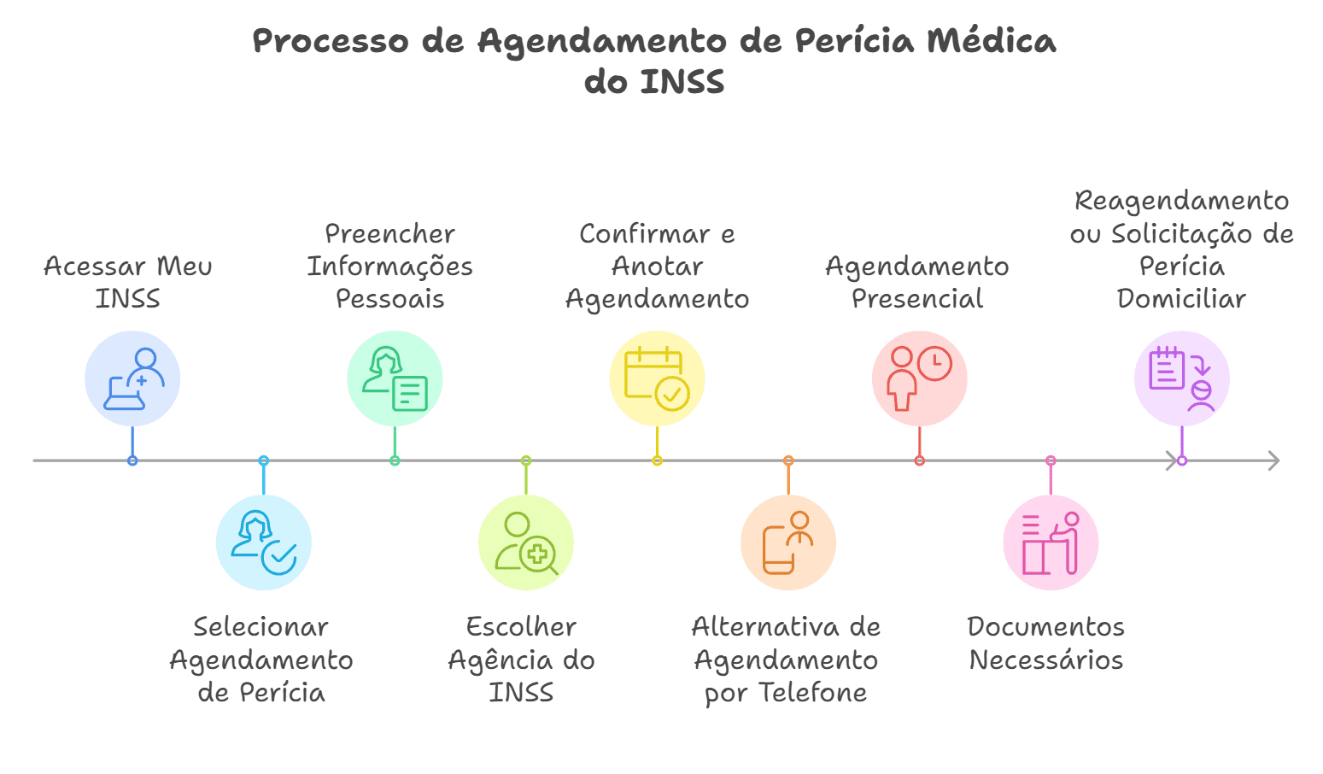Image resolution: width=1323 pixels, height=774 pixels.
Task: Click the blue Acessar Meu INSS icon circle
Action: click(132, 378)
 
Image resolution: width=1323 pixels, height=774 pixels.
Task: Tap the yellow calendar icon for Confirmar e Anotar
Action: click(657, 378)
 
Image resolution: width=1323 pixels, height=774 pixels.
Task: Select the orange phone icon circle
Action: click(787, 542)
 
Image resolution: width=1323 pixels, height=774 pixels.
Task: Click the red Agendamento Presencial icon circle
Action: click(919, 378)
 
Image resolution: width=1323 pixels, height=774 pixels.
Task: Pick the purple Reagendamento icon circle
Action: click(1181, 378)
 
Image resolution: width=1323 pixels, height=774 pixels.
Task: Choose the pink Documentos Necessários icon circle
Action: click(1051, 542)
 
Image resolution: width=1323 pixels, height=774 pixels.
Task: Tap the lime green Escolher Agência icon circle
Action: click(525, 542)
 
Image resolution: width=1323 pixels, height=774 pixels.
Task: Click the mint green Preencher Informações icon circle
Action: click(395, 378)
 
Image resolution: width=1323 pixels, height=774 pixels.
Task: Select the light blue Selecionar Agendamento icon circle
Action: click(263, 542)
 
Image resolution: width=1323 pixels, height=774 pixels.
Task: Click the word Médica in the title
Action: click(991, 41)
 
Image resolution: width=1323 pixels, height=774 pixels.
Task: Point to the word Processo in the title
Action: click(331, 41)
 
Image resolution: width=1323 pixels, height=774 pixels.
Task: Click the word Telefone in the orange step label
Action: click(813, 693)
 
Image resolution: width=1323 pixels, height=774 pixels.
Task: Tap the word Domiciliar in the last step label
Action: click(1181, 299)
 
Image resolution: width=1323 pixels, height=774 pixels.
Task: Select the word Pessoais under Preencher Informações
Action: click(389, 299)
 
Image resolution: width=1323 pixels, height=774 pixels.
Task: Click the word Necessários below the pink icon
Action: click(1046, 660)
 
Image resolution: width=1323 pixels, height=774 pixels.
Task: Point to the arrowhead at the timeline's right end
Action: click(1274, 460)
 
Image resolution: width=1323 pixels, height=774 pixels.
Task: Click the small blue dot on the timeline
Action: click(132, 460)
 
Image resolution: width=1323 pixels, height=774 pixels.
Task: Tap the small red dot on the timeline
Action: click(919, 460)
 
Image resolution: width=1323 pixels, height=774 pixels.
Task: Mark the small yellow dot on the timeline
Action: click(657, 460)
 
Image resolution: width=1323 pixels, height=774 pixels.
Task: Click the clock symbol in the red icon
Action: click(934, 363)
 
